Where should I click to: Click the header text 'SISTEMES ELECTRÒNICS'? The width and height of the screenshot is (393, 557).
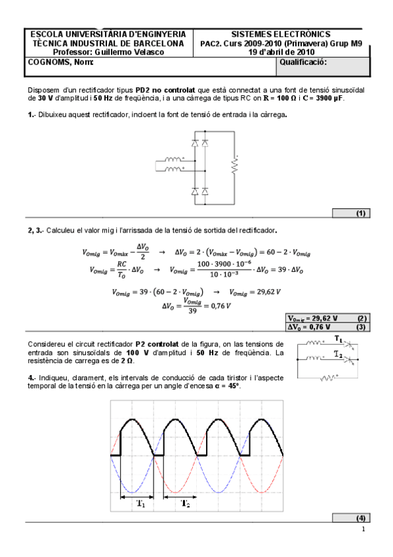pos(281,34)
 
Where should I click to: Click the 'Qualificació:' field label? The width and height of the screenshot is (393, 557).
pos(303,62)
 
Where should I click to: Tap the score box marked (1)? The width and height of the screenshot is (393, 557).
pos(360,213)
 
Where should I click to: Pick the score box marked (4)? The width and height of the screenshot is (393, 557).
pos(360,518)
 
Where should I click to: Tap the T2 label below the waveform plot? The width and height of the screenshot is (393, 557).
pos(187,504)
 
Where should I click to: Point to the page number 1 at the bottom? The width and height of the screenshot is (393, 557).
pos(363,529)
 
